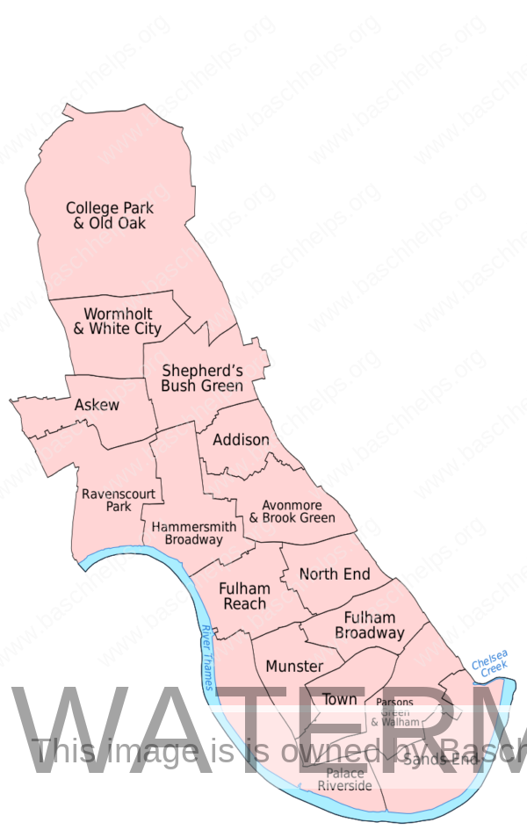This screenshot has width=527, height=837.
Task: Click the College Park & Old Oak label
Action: pyautogui.click(x=110, y=215)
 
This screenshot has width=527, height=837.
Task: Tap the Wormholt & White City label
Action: pyautogui.click(x=118, y=321)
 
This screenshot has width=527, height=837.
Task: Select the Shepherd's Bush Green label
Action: pyautogui.click(x=202, y=378)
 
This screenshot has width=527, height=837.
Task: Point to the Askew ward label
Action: pyautogui.click(x=97, y=405)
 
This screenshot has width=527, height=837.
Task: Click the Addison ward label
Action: pyautogui.click(x=242, y=439)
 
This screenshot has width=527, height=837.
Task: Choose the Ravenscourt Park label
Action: pyautogui.click(x=119, y=500)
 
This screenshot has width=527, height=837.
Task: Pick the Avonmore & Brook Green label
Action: pyautogui.click(x=292, y=511)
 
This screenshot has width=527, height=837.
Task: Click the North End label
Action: pyautogui.click(x=335, y=574)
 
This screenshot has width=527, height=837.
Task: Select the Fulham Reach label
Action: pyautogui.click(x=245, y=595)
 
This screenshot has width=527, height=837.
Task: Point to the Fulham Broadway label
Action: pyautogui.click(x=370, y=624)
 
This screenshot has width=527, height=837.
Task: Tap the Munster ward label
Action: pyautogui.click(x=294, y=667)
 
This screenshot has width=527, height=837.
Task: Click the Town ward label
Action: pyautogui.click(x=340, y=700)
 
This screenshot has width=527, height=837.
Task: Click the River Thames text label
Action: pyautogui.click(x=207, y=658)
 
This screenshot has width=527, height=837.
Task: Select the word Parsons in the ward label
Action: pyautogui.click(x=394, y=703)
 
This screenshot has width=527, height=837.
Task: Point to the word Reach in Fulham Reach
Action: pyautogui.click(x=245, y=603)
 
